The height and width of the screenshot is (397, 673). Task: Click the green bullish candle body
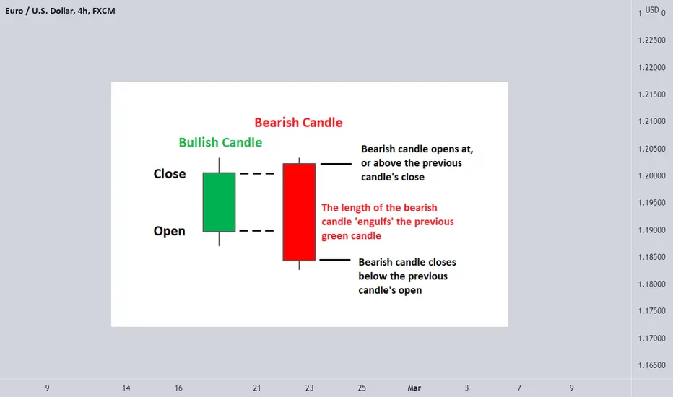[219, 202]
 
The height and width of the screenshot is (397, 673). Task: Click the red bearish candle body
[299, 212]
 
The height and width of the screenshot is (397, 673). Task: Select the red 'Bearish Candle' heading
[298, 122]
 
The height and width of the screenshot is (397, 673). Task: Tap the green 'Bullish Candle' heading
[220, 142]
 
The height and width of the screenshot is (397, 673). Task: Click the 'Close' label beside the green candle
[170, 174]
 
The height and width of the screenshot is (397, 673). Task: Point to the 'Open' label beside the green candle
[169, 231]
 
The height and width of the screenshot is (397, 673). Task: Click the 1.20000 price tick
[651, 175]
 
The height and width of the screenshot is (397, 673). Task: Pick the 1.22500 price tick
[651, 40]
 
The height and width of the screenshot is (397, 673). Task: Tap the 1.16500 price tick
[651, 365]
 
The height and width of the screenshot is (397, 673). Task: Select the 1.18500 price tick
[651, 257]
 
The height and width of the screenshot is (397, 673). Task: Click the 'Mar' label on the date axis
[414, 388]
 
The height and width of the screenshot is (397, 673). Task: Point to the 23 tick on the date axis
[310, 388]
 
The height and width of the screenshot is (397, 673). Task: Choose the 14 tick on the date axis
[126, 388]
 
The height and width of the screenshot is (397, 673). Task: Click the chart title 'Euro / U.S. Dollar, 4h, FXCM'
[60, 11]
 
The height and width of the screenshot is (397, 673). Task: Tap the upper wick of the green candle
[219, 165]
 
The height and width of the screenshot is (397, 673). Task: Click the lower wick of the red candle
[299, 265]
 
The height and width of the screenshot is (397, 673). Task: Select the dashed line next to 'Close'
[256, 173]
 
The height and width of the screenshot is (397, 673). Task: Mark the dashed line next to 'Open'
[256, 231]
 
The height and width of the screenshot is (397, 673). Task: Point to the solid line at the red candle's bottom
[335, 260]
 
